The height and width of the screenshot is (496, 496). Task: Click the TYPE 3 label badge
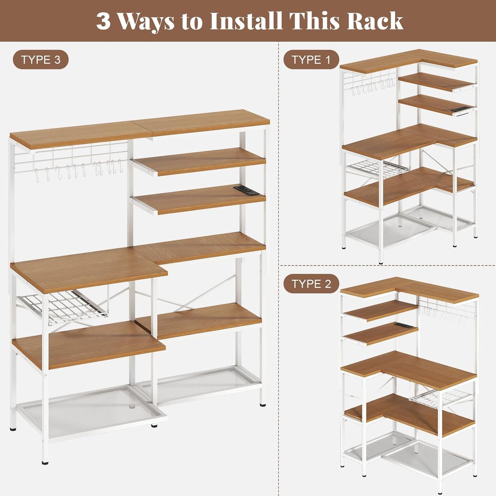(41, 60)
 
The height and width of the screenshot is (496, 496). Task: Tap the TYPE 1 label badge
(311, 60)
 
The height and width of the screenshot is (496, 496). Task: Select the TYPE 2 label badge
(311, 284)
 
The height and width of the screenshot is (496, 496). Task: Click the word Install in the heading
(246, 21)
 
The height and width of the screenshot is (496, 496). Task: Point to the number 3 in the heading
(103, 21)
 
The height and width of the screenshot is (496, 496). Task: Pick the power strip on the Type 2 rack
(403, 325)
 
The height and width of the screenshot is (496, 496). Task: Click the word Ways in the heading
(146, 21)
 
